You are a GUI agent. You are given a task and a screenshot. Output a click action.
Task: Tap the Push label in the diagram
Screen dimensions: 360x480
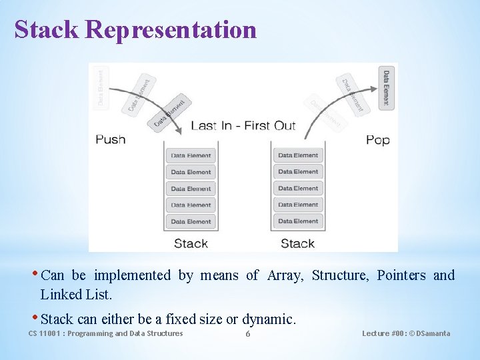111,139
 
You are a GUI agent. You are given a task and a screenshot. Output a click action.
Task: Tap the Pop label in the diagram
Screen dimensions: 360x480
377,139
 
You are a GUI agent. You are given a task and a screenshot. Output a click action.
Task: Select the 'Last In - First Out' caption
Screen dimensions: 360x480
243,126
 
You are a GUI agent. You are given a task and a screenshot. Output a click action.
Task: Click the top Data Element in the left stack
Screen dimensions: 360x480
191,155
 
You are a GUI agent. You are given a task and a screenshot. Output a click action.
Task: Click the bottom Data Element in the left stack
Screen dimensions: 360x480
191,221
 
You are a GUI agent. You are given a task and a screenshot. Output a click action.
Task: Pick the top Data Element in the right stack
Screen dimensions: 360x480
298,155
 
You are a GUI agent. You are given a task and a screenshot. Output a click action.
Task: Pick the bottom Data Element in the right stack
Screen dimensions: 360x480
298,221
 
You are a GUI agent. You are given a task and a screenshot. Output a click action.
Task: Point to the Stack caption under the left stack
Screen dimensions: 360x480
191,243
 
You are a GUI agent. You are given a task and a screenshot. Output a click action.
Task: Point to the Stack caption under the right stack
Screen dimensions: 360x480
297,243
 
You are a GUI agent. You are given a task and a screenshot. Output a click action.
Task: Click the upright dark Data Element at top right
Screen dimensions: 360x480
386,87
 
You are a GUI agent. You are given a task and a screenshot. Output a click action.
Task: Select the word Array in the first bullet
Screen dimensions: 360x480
285,275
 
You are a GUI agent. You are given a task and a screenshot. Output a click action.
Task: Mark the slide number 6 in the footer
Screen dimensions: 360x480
248,333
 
